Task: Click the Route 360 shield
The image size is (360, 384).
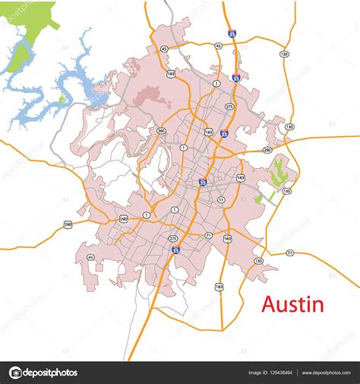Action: coord(162,130)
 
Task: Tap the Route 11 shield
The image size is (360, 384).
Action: coord(221,199)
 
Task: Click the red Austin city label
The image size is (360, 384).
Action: coord(292,305)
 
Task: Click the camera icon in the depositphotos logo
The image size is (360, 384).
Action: coord(16,373)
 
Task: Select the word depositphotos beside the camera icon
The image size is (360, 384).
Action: coord(51,373)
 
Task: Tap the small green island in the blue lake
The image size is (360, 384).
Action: coord(62,99)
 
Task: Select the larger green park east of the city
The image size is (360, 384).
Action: coord(279,172)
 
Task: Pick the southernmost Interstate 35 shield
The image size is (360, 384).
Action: coord(175,249)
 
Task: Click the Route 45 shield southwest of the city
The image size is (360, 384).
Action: coord(91,258)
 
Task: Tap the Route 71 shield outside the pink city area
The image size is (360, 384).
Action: coord(289,252)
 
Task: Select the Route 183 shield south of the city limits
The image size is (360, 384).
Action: coord(219,287)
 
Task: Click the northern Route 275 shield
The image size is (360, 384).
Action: coord(229,107)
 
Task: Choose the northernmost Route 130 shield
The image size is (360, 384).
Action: coord(284,54)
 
